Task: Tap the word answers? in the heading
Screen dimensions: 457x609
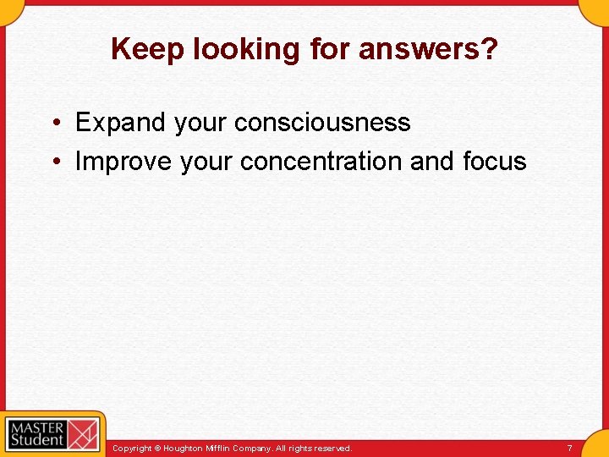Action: [x=428, y=50]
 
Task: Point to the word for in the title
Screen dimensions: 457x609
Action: [x=330, y=50]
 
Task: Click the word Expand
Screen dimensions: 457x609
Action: [x=121, y=123]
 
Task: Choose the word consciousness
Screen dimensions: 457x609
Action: [x=322, y=123]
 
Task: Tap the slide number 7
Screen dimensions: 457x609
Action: [x=569, y=448]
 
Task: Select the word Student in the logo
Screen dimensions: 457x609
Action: [x=37, y=439]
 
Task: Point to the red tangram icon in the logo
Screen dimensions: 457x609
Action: [x=83, y=433]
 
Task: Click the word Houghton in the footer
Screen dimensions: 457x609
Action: [x=183, y=448]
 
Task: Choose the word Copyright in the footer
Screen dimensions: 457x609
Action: [x=132, y=448]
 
